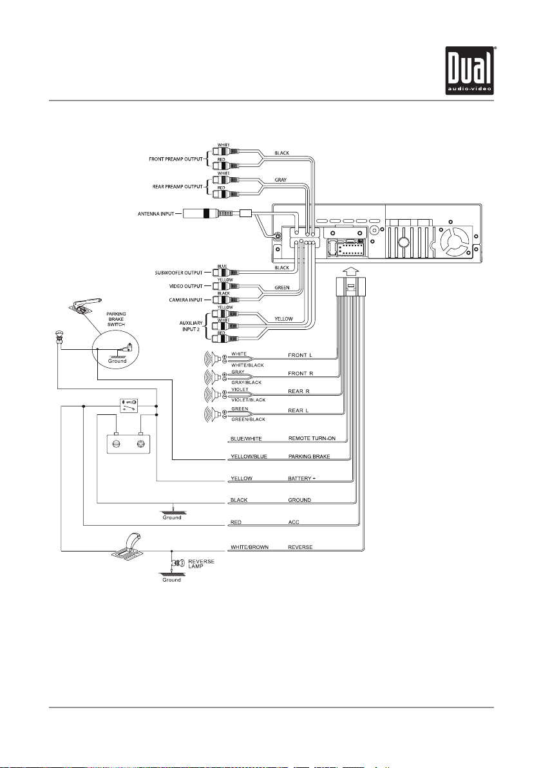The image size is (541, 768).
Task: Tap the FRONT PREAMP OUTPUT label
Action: point(176,159)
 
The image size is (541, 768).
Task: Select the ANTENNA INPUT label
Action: point(156,214)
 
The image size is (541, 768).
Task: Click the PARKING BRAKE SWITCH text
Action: point(117,320)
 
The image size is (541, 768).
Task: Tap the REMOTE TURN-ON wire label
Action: point(312,438)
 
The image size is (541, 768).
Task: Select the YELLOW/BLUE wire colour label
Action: point(249,457)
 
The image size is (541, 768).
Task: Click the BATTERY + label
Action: point(301,478)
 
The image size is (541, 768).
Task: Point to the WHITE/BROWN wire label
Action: point(249,547)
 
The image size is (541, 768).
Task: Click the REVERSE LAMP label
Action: point(201,564)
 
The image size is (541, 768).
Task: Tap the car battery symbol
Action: point(128,442)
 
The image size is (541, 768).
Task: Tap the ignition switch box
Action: point(129,405)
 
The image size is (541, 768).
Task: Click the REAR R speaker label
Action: point(299,391)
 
